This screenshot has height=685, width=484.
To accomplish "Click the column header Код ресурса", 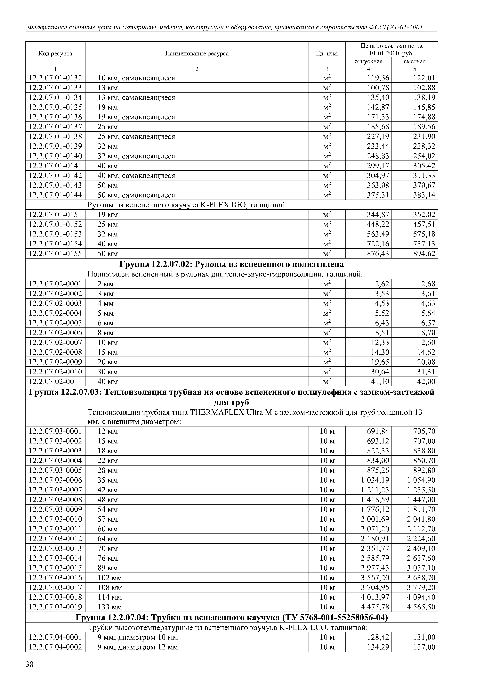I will (55, 54).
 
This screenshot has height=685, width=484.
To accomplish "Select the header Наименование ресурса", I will (197, 54).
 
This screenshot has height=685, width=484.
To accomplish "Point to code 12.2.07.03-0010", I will (55, 519).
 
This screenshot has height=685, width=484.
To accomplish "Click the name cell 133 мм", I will (110, 607).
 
